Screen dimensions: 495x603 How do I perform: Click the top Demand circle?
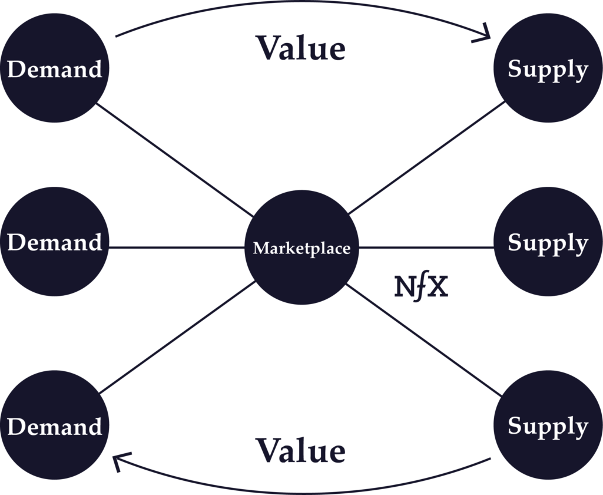[54, 68]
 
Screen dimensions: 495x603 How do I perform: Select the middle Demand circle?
[54, 242]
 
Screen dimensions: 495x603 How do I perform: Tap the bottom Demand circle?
[54, 425]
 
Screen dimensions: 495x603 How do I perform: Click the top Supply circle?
[548, 68]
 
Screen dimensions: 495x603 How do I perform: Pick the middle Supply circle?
[548, 242]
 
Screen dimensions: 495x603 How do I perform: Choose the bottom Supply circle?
[548, 425]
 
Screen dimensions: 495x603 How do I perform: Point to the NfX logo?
[420, 288]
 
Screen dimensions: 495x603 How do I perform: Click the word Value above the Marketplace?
[300, 48]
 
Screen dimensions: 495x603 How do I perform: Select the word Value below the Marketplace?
[300, 451]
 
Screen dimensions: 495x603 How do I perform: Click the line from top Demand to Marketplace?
[174, 159]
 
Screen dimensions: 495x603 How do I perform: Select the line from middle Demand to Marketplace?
[177, 247]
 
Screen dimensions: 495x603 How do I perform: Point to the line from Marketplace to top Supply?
[427, 157]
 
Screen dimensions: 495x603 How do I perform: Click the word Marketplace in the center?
[301, 248]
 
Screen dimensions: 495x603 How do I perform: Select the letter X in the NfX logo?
[437, 288]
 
